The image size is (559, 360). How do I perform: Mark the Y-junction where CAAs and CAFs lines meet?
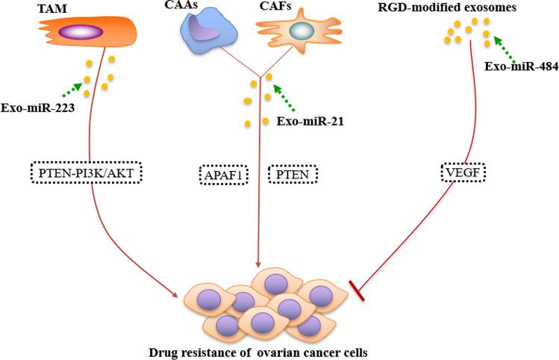[259, 75]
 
